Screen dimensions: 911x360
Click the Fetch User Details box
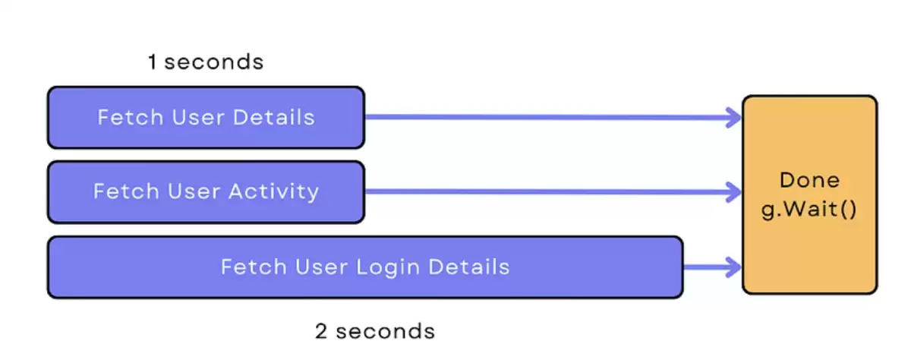click(206, 117)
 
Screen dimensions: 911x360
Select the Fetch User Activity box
click(206, 192)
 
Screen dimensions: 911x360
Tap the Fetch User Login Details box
click(365, 267)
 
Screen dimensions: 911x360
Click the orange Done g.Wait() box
click(809, 194)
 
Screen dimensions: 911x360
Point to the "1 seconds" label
click(206, 62)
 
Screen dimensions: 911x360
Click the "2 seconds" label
click(375, 331)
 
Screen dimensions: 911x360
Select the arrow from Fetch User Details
click(553, 118)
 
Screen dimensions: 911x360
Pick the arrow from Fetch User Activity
click(553, 192)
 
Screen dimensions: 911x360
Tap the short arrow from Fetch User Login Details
click(713, 267)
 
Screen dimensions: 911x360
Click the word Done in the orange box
click(810, 180)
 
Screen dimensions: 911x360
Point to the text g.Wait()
click(809, 210)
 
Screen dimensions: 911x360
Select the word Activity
click(274, 191)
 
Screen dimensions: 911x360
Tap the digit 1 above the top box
click(152, 62)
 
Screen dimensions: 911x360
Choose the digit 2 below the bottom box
click(321, 331)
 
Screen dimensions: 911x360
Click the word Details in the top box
click(274, 117)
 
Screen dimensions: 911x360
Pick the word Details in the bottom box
click(469, 267)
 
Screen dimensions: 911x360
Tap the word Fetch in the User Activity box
click(126, 191)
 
